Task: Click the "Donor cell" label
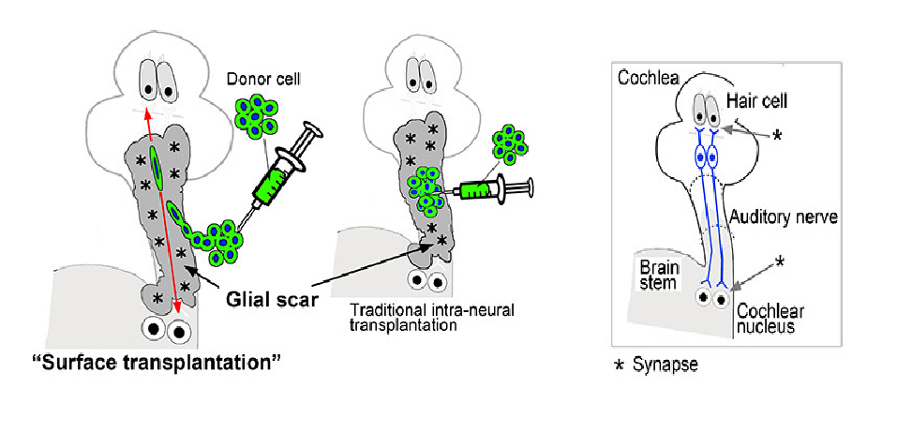(x=262, y=80)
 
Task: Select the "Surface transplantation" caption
(x=156, y=364)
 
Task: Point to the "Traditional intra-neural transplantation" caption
(x=432, y=318)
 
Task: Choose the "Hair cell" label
(x=756, y=102)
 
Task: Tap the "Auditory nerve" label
(x=784, y=217)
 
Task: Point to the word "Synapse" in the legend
(x=665, y=364)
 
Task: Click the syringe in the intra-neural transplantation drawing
(x=491, y=188)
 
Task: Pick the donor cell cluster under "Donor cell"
(x=256, y=116)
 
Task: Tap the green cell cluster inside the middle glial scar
(x=424, y=189)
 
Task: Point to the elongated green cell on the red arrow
(x=157, y=167)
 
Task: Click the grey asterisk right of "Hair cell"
(x=777, y=136)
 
